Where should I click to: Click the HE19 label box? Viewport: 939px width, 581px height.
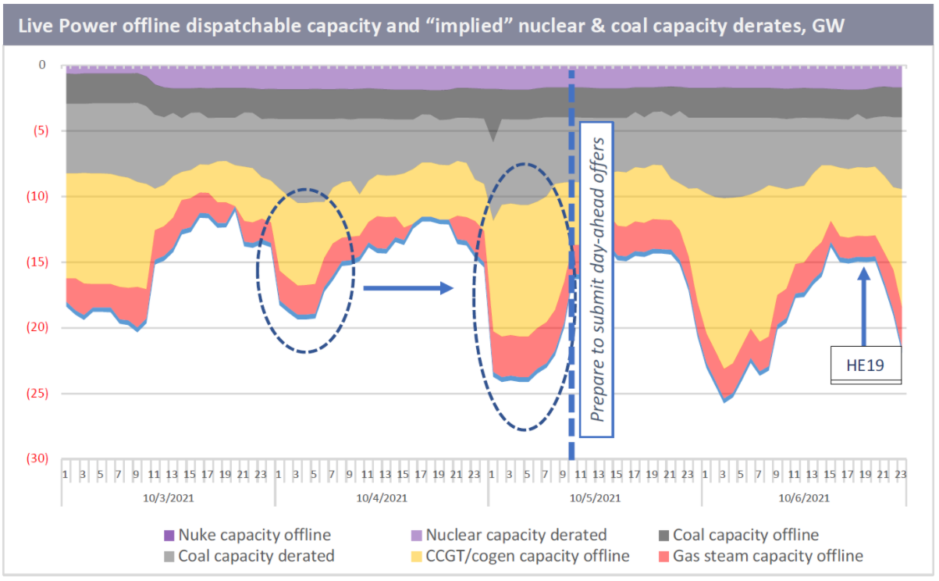click(865, 364)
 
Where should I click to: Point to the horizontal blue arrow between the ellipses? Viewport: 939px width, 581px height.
click(408, 288)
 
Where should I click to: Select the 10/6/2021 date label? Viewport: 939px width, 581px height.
click(803, 497)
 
